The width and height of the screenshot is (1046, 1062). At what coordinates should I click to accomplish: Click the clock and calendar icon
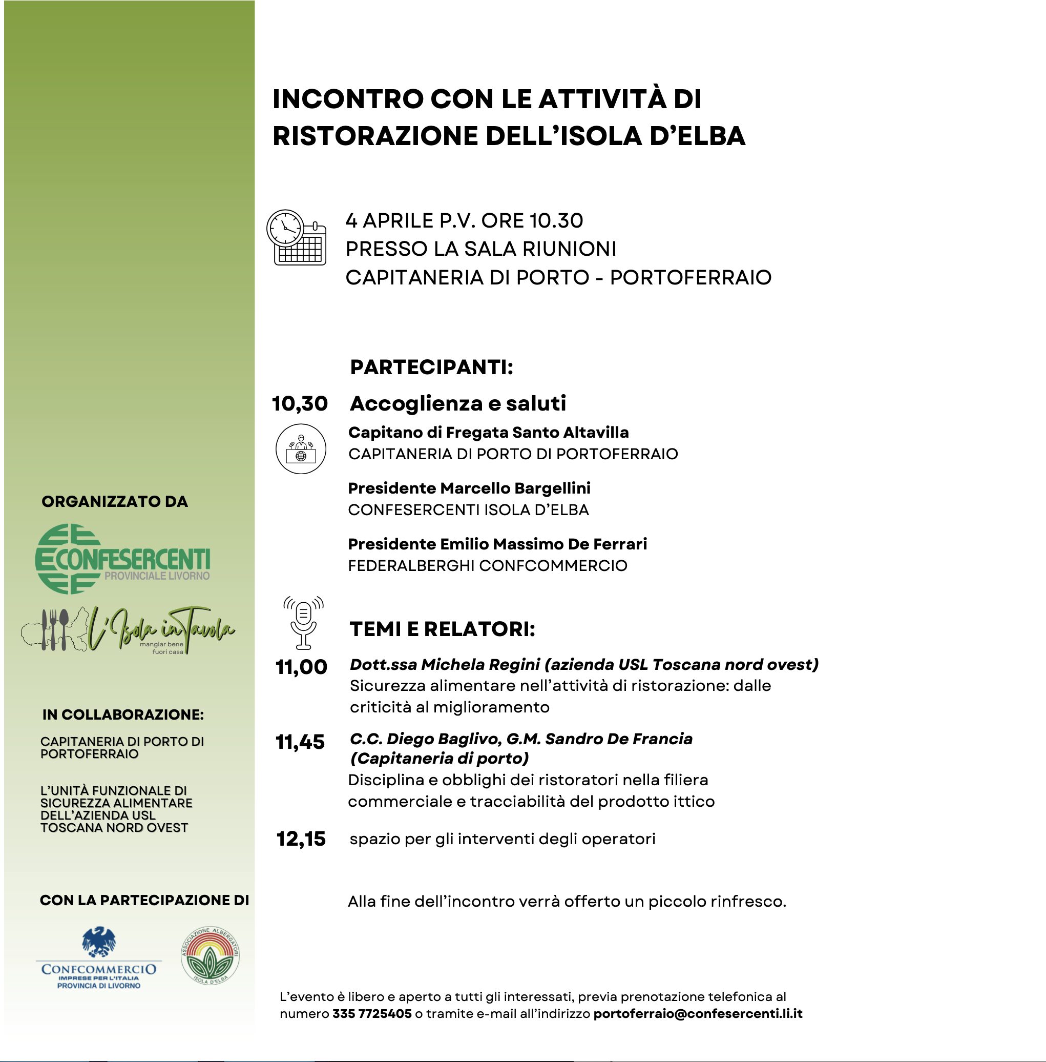pyautogui.click(x=296, y=237)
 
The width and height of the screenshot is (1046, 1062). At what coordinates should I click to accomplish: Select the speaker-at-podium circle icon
pyautogui.click(x=301, y=448)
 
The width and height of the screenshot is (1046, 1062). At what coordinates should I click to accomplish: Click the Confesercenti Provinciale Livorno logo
pyautogui.click(x=122, y=559)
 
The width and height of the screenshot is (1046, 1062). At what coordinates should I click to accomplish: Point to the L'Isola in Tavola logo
pyautogui.click(x=129, y=630)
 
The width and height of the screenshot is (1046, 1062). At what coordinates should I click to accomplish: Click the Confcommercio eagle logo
pyautogui.click(x=99, y=958)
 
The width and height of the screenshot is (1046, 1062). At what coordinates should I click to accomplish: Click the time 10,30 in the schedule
pyautogui.click(x=300, y=403)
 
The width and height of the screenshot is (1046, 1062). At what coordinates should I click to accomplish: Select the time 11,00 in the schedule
pyautogui.click(x=301, y=667)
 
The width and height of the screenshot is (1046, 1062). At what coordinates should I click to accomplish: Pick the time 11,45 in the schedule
pyautogui.click(x=300, y=742)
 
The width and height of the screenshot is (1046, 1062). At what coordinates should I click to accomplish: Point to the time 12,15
pyautogui.click(x=301, y=839)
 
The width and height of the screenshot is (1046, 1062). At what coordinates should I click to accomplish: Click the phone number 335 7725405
pyautogui.click(x=372, y=1014)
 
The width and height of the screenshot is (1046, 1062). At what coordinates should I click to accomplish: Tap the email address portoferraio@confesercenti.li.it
pyautogui.click(x=698, y=1014)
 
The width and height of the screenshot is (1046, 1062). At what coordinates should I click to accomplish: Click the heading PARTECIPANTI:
pyautogui.click(x=431, y=367)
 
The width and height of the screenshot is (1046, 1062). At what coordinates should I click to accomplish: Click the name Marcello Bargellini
pyautogui.click(x=515, y=488)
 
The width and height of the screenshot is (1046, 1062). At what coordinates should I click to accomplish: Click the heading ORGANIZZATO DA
pyautogui.click(x=115, y=501)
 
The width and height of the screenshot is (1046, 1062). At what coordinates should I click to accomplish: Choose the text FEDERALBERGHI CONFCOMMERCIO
pyautogui.click(x=487, y=566)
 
